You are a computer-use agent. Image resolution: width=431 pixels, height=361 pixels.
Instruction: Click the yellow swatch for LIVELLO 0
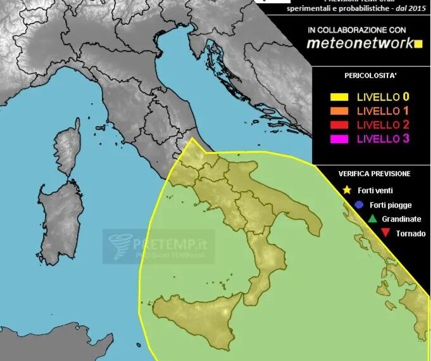(340, 98)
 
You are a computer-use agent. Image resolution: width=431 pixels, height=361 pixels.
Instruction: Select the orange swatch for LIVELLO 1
(340, 111)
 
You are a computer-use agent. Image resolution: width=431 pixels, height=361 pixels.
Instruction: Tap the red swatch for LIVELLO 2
(340, 125)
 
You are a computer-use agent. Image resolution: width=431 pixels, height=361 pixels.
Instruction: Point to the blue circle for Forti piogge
(359, 205)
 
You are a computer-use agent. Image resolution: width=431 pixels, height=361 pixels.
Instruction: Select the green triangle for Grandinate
(372, 219)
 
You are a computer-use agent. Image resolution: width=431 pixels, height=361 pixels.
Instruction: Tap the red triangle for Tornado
(385, 234)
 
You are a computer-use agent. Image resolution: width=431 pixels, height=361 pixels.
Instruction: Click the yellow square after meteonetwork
(417, 44)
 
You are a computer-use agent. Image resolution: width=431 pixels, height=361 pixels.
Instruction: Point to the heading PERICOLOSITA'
(370, 75)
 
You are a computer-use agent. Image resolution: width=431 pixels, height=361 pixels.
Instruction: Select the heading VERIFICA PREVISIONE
(374, 174)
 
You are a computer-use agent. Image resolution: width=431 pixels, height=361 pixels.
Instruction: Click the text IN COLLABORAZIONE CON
(357, 30)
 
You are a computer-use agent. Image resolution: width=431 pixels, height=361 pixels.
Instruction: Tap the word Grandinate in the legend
(401, 219)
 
